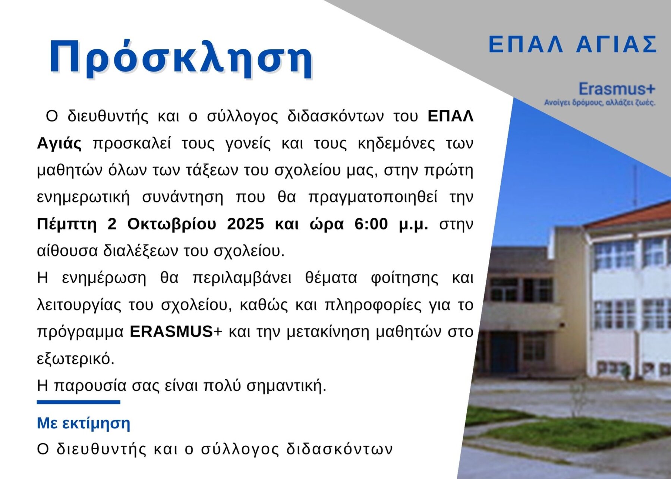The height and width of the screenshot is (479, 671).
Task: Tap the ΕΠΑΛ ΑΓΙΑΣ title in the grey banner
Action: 573,44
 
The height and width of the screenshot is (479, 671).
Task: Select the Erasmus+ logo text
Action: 617,89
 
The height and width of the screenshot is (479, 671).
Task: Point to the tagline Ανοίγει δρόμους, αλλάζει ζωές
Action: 599,103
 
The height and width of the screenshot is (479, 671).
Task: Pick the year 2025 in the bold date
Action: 245,224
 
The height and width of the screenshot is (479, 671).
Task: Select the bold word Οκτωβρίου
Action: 171,224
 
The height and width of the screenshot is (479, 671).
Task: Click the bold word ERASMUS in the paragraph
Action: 171,332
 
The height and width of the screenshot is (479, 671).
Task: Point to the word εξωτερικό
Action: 76,359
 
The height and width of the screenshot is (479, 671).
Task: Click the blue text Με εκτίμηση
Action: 84,423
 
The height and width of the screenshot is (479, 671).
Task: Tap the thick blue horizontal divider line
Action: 78,402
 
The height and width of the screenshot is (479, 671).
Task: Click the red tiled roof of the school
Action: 630,215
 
